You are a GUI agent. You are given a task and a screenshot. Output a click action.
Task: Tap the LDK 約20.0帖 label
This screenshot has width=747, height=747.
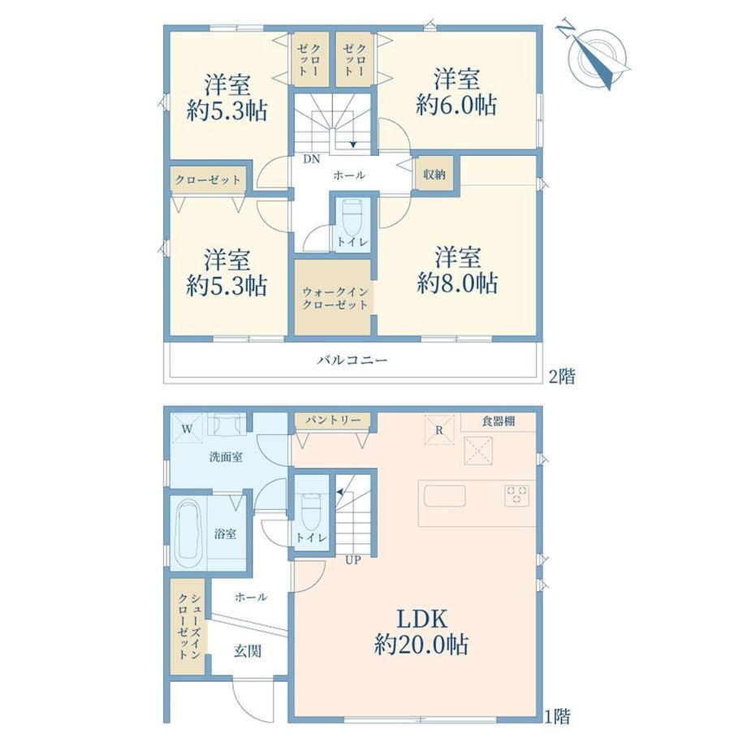(421, 633)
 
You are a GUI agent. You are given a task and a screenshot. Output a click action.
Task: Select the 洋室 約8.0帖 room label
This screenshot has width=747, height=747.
(457, 271)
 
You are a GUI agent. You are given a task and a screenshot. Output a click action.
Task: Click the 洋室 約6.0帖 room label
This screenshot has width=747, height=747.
(456, 92)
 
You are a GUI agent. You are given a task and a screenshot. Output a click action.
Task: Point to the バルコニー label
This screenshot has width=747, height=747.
(352, 360)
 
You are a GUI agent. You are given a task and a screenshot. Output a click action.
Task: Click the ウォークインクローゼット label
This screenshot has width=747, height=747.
(335, 299)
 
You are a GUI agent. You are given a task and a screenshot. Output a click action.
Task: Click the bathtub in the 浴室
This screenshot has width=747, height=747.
(191, 533)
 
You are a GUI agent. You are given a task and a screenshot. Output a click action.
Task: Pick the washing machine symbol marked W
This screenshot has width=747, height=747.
(188, 429)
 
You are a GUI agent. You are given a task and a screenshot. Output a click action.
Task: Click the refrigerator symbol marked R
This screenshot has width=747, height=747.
(440, 430)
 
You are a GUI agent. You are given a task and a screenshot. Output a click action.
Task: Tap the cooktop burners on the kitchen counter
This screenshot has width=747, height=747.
(517, 495)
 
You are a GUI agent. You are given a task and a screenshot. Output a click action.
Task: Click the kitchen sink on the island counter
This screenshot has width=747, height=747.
(444, 497)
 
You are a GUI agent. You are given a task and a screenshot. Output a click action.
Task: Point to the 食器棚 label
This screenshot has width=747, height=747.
(499, 421)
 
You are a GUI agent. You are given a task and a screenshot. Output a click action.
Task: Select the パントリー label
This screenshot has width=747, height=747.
(333, 421)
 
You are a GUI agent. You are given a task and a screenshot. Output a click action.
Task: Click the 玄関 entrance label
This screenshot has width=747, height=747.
(248, 650)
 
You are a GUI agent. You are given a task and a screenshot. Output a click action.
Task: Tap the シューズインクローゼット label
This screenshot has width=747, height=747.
(188, 626)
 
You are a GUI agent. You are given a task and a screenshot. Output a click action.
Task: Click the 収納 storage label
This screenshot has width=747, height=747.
(434, 175)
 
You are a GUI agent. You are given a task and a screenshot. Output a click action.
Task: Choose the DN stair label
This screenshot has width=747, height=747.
(312, 159)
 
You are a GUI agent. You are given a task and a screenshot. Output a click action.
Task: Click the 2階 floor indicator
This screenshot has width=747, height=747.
(562, 377)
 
